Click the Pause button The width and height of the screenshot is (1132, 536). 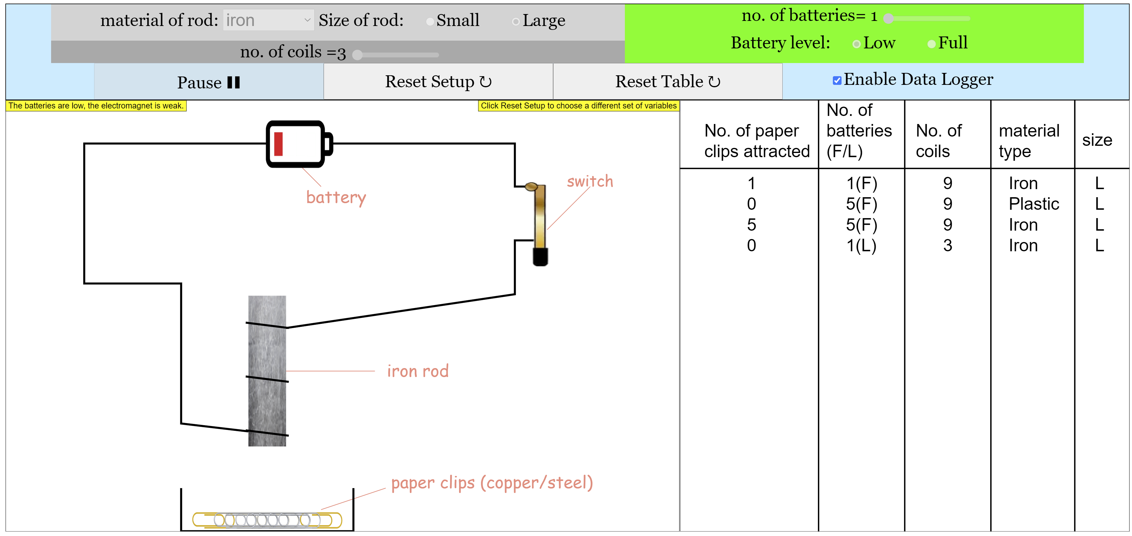tap(209, 82)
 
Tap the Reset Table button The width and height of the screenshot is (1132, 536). tap(667, 82)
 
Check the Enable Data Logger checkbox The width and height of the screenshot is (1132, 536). tap(837, 80)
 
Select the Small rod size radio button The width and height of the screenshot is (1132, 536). tap(430, 22)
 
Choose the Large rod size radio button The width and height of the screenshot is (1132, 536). tap(516, 22)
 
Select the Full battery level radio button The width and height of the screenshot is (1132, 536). tap(931, 44)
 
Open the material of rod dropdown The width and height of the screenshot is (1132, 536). tap(268, 20)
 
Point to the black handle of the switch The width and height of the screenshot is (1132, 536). tap(540, 257)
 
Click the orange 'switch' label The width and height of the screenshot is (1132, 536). tap(590, 181)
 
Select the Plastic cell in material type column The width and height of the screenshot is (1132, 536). tap(1034, 204)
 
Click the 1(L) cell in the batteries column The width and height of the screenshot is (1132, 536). tap(861, 245)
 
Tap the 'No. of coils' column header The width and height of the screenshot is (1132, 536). tap(939, 141)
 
